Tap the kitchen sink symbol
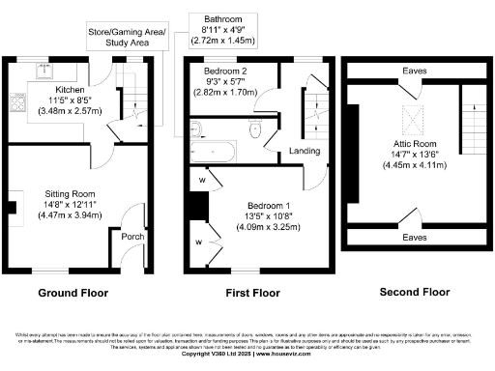click(42, 70)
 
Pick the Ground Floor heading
click(73, 292)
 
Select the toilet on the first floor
click(255, 130)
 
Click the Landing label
click(305, 151)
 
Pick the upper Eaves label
click(414, 71)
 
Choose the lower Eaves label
click(414, 236)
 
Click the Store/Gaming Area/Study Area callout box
click(127, 38)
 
